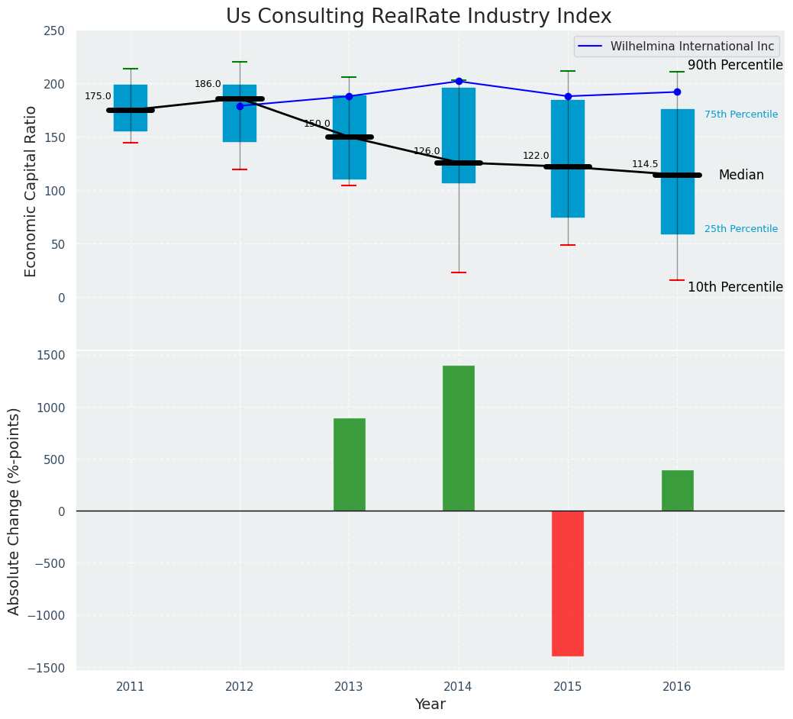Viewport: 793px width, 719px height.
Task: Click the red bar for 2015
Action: pos(568,583)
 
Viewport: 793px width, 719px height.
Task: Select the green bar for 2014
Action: pos(459,438)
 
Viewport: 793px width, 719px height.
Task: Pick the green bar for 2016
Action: pos(677,490)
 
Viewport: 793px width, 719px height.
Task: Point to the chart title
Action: pos(418,17)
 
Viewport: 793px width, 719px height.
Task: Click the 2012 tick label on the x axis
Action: pos(240,687)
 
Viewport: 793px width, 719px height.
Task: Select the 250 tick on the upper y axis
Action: pos(54,31)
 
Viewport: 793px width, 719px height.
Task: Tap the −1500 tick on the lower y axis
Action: pos(50,668)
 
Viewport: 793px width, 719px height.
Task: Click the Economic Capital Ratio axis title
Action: pos(31,191)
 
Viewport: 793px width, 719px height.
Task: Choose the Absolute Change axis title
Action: pos(15,511)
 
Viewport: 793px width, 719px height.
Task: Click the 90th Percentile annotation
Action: pos(735,66)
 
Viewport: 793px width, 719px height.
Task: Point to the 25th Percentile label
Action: pos(740,229)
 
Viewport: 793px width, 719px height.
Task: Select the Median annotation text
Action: pos(740,176)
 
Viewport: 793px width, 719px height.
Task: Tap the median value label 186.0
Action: pos(208,84)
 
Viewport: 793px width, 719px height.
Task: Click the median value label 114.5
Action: pos(645,164)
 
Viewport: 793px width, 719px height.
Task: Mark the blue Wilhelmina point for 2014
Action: pos(459,81)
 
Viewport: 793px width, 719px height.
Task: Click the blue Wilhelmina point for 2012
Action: pos(240,106)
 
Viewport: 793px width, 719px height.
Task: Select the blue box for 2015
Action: pos(568,159)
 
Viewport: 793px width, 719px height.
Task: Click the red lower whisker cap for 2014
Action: pos(459,272)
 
